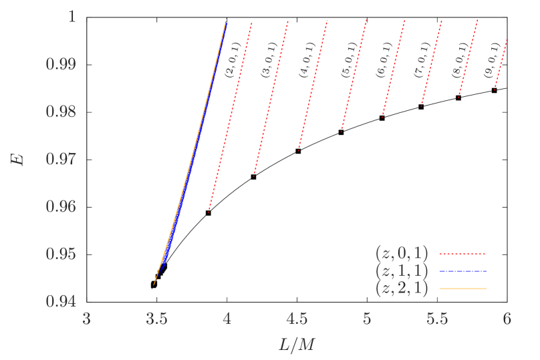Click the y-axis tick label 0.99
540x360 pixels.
[x=61, y=64]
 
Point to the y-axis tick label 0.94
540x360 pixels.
[x=61, y=301]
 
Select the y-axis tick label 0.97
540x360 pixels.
[x=61, y=159]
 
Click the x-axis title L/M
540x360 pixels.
[x=297, y=345]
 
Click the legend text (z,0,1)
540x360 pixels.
[x=402, y=254]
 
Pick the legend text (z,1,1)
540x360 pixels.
[x=402, y=271]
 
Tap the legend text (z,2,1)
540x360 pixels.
[x=402, y=289]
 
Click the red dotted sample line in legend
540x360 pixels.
[x=462, y=254]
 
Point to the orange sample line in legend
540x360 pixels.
[x=462, y=289]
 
